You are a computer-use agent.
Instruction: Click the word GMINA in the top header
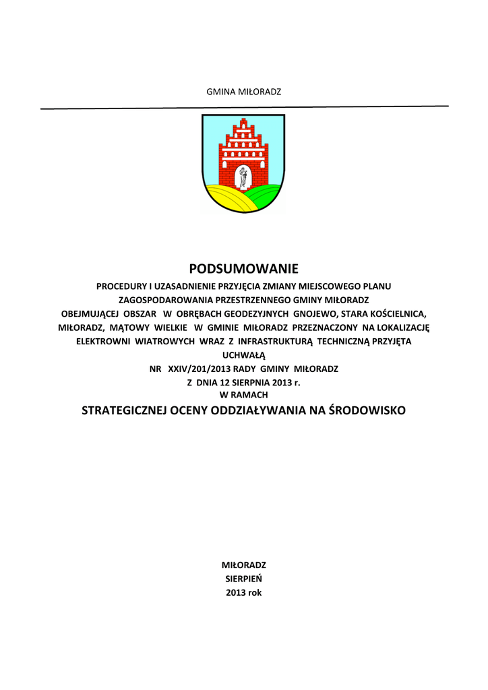pyautogui.click(x=219, y=91)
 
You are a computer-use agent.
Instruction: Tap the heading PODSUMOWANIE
pyautogui.click(x=243, y=270)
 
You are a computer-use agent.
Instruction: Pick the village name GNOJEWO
pyautogui.click(x=316, y=314)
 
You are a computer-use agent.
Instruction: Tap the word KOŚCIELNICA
pyautogui.click(x=396, y=314)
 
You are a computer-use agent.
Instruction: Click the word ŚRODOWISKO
pyautogui.click(x=367, y=410)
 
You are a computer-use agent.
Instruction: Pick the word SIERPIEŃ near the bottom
pyautogui.click(x=243, y=578)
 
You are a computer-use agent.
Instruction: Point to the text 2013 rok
pyautogui.click(x=243, y=593)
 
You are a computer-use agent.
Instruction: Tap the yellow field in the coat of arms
pyautogui.click(x=226, y=199)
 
